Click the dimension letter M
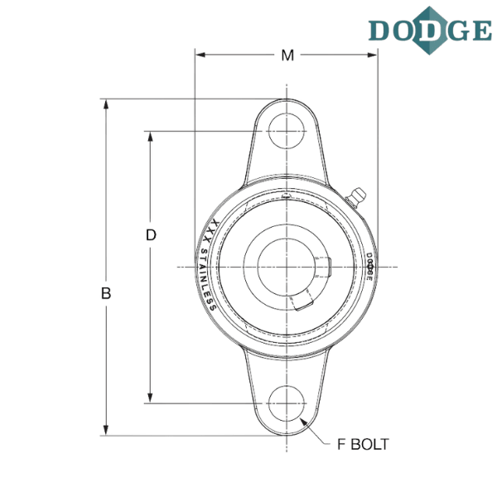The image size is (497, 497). click(x=287, y=55)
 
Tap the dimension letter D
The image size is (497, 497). click(x=151, y=235)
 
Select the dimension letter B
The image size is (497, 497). click(x=106, y=292)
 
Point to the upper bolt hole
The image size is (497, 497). click(x=286, y=131)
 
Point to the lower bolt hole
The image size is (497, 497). click(x=286, y=403)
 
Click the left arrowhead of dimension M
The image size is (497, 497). click(x=199, y=55)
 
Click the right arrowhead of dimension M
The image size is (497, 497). click(x=373, y=55)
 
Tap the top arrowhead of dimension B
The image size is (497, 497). click(x=105, y=104)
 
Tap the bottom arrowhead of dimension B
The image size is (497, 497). click(x=105, y=427)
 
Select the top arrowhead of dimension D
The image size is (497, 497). click(x=151, y=135)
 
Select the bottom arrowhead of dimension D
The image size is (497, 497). click(x=151, y=398)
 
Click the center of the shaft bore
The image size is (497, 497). click(x=286, y=267)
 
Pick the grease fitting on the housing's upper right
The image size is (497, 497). click(x=357, y=195)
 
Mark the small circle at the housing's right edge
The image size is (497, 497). click(x=370, y=267)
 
